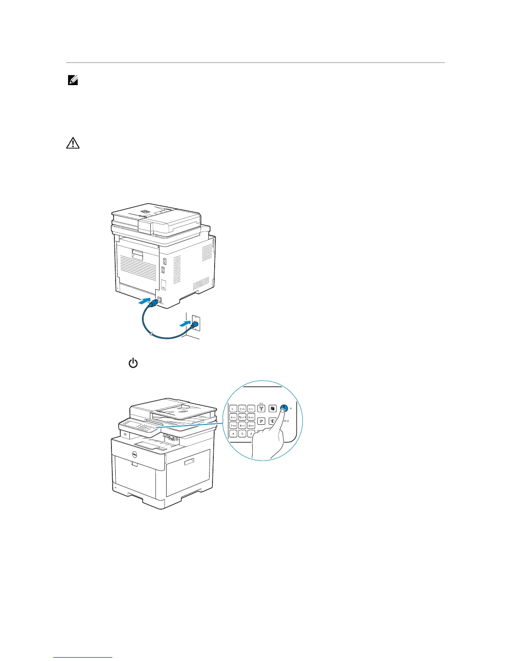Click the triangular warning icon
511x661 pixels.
click(73, 144)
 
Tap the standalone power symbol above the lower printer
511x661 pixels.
click(133, 363)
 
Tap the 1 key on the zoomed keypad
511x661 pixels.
click(233, 409)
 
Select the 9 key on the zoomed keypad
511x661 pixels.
click(251, 426)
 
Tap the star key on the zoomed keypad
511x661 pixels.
click(233, 434)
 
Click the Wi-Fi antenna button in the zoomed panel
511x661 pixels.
click(262, 409)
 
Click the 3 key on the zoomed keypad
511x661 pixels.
click(251, 409)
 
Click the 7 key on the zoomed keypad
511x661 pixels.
click(233, 426)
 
